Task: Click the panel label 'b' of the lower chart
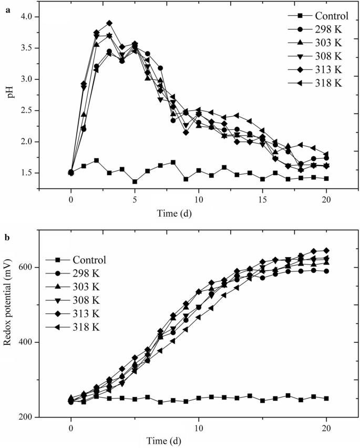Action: point(7,238)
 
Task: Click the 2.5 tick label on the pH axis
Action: point(25,110)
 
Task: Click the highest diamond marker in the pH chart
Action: point(109,23)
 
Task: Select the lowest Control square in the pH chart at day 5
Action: point(135,181)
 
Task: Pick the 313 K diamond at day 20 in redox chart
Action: point(326,250)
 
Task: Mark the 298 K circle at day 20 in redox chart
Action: point(326,271)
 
